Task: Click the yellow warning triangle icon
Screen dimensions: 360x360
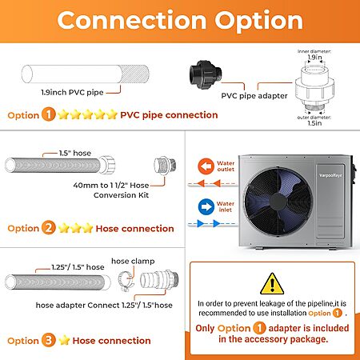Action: click(272, 284)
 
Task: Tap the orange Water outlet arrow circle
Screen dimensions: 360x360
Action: click(206, 166)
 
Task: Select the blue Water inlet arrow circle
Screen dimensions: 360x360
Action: click(206, 206)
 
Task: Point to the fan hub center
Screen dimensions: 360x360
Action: click(278, 202)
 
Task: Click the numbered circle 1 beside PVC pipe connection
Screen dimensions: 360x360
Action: click(49, 114)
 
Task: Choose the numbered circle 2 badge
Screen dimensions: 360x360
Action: click(49, 228)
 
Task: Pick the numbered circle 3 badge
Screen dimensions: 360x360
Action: click(48, 340)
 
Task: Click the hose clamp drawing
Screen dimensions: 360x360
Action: click(126, 282)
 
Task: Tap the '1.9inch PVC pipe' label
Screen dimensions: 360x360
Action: click(72, 92)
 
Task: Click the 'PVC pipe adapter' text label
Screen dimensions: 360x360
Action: click(254, 96)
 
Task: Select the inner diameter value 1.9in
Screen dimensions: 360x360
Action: click(314, 57)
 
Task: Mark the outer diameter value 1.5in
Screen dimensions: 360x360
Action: click(314, 123)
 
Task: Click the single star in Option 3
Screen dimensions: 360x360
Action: click(64, 340)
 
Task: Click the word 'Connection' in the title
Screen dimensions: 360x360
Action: click(132, 21)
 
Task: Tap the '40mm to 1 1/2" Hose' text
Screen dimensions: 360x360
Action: click(111, 185)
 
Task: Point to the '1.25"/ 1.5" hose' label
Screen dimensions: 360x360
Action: click(78, 267)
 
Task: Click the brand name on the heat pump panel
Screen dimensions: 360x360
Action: click(330, 175)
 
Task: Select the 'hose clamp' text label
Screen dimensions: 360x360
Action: click(133, 261)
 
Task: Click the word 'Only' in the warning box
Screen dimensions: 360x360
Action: click(205, 328)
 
